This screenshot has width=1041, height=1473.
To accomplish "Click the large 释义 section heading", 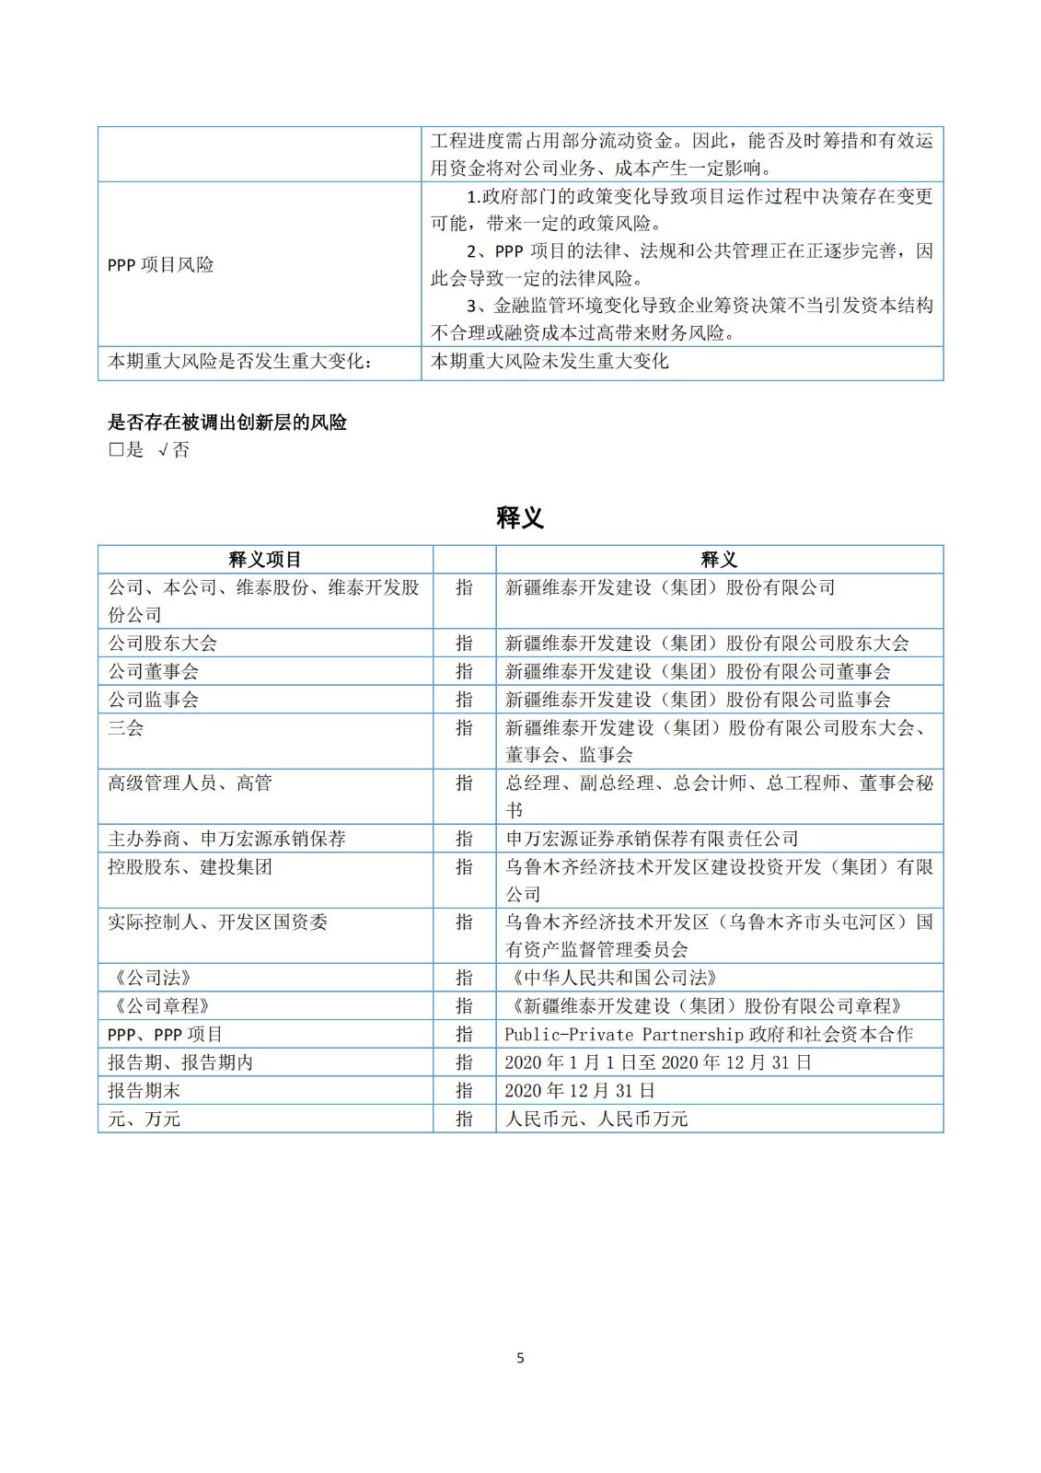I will [x=520, y=517].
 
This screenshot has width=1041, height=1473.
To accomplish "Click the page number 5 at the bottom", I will [x=520, y=1358].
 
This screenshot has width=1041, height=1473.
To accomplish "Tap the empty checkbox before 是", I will [x=116, y=450].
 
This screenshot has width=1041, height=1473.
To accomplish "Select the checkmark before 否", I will [x=162, y=450].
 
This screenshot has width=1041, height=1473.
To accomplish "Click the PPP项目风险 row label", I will [x=160, y=265].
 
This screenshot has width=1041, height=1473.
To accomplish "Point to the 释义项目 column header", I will [x=265, y=560].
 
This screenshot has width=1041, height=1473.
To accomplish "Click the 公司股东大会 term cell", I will [x=162, y=644].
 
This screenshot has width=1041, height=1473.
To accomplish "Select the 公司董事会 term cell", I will [x=153, y=672].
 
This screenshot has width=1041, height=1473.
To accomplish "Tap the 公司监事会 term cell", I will [x=153, y=700].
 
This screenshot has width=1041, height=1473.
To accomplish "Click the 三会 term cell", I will [x=126, y=728].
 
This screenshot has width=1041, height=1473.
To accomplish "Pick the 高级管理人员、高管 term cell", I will [x=190, y=783].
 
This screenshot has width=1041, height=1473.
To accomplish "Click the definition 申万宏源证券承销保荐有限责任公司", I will [x=652, y=839].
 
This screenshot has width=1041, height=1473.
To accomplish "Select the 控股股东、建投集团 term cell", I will [x=190, y=867].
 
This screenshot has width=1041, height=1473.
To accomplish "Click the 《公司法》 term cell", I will [x=149, y=978].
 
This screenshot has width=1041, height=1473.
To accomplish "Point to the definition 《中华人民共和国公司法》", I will [x=611, y=978].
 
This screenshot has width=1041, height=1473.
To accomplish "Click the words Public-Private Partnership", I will [x=623, y=1034].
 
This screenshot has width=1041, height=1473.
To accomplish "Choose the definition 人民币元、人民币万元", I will [x=596, y=1119].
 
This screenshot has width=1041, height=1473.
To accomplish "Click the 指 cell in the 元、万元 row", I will [x=464, y=1119].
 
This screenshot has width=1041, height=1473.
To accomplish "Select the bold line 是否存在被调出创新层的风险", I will [x=227, y=423].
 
